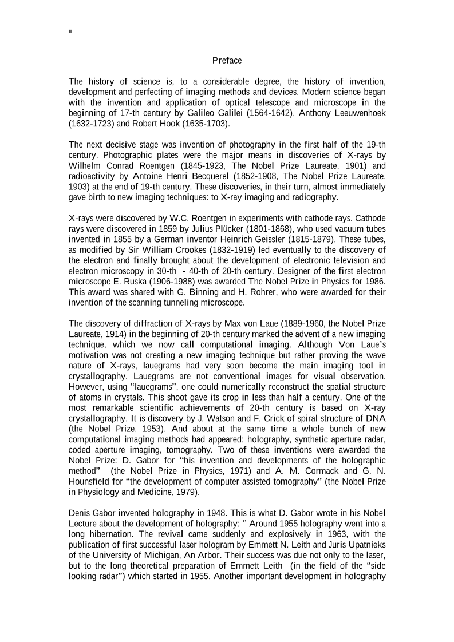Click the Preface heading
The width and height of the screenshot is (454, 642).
tap(227, 60)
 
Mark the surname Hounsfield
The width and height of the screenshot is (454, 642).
tap(89, 481)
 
